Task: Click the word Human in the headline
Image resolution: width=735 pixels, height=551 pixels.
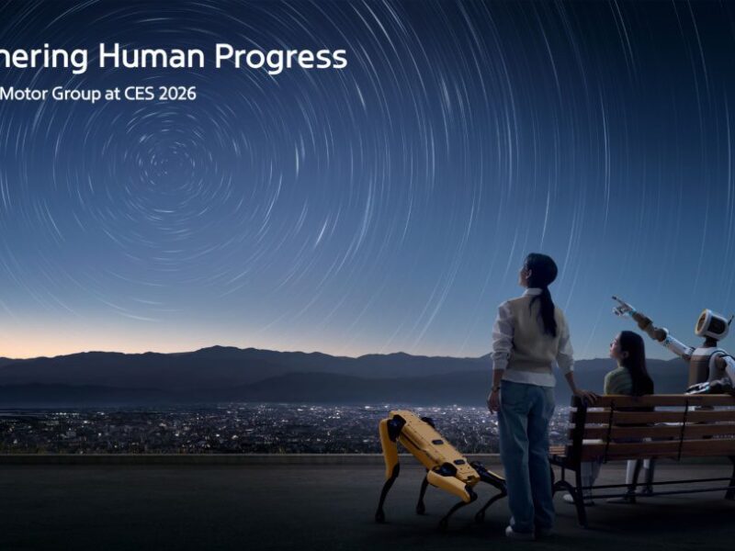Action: coord(152,57)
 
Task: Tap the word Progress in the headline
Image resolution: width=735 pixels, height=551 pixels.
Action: coord(281,58)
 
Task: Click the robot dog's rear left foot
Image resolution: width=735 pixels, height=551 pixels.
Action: coord(379,517)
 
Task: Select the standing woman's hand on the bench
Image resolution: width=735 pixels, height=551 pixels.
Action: coord(582,396)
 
